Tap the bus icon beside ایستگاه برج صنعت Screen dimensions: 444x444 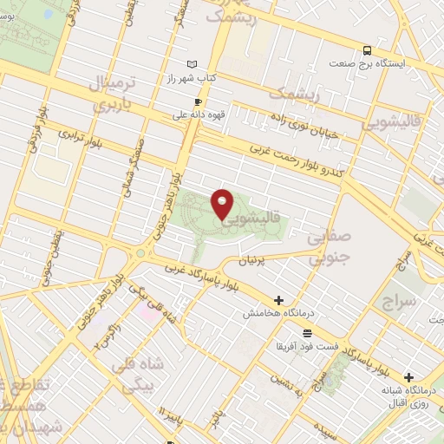368,50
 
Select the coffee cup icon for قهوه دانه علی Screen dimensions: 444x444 198,101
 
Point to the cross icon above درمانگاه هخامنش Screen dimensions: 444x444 278,300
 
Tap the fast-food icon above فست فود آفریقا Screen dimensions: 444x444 307,332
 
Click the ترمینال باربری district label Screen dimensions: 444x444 110,95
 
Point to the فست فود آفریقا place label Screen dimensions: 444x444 307,346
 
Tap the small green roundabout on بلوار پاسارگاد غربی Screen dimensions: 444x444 140,252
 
